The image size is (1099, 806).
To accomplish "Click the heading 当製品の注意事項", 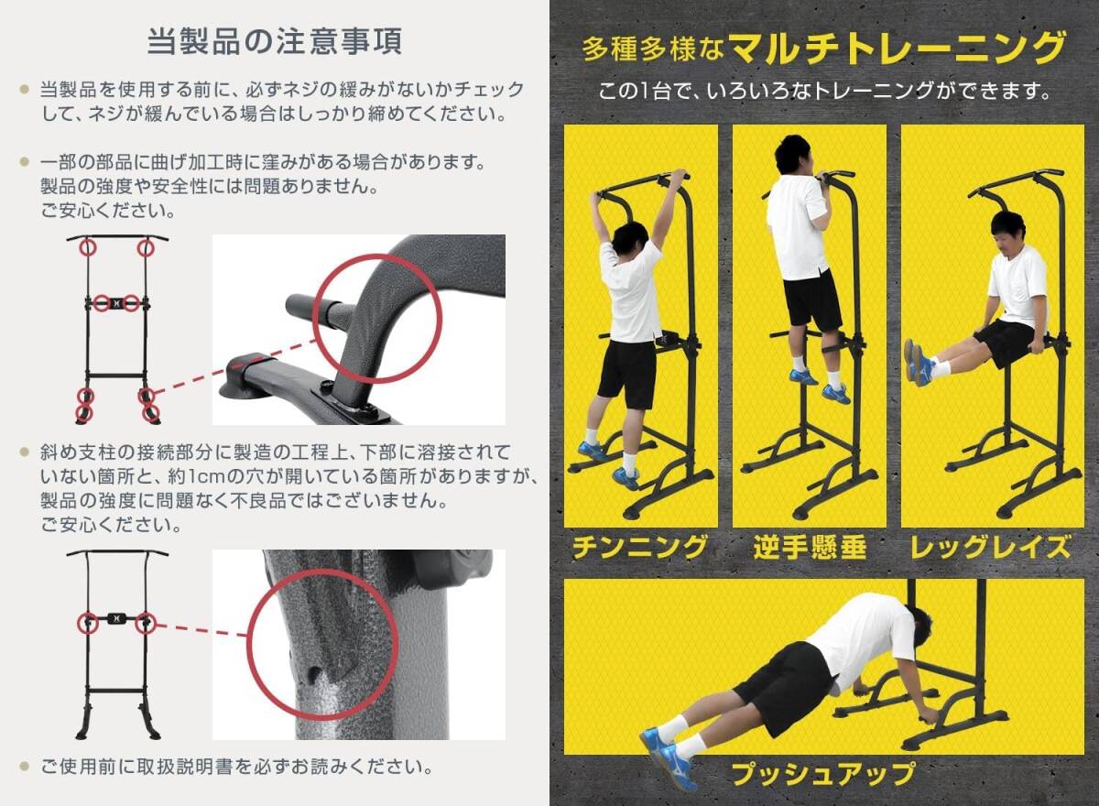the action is point(275,41).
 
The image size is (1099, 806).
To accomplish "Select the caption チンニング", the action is point(640,547).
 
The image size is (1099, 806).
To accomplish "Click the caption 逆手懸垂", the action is point(810,547).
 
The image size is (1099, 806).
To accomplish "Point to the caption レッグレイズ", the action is point(991,547).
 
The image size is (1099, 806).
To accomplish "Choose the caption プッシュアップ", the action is point(823,773).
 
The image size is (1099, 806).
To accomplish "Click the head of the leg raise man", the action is point(1007,232).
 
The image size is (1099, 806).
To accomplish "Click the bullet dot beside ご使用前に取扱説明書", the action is point(24,766).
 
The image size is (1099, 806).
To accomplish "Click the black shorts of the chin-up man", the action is point(627,376).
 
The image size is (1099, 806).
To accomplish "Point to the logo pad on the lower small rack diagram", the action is point(117,618).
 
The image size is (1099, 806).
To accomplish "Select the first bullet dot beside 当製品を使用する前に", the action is point(24,89).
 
